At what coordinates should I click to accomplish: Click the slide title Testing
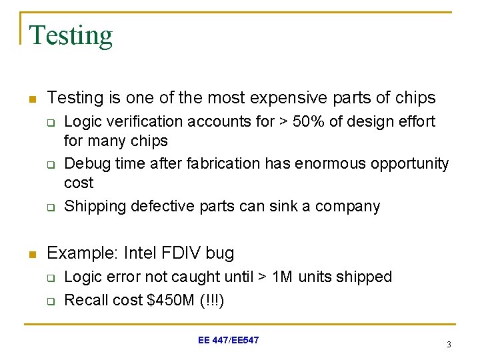tap(71, 35)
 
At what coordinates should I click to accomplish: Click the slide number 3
tap(449, 345)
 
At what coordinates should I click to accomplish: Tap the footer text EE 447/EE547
tap(229, 340)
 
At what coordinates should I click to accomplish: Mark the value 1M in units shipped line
tap(283, 277)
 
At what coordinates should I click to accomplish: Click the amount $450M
tap(173, 301)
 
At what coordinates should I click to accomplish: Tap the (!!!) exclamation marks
tap(213, 301)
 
